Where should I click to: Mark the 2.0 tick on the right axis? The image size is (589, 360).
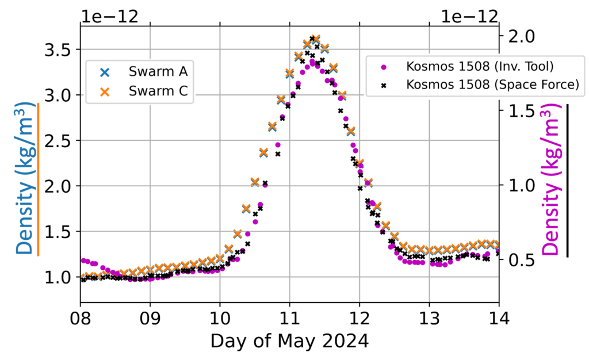click(522, 37)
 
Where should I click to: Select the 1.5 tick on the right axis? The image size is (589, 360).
click(522, 111)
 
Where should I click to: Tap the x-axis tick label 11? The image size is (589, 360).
click(290, 319)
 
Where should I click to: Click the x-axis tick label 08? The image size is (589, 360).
click(81, 319)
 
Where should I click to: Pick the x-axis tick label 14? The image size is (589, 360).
click(499, 319)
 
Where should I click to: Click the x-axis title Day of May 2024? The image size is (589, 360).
click(290, 341)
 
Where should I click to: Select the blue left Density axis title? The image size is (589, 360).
click(26, 178)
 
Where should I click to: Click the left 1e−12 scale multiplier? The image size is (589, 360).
click(110, 17)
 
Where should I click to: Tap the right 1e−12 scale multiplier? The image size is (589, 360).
click(469, 17)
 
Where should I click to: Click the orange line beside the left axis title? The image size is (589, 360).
click(38, 179)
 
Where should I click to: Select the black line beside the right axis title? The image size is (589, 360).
click(567, 181)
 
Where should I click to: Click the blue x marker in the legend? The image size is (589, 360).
click(105, 72)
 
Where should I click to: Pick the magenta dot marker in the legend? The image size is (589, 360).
click(384, 67)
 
